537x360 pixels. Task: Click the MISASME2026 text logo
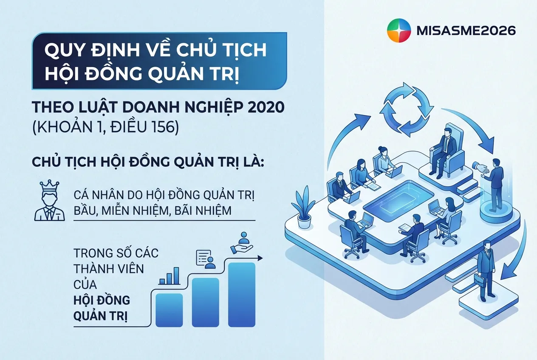pyautogui.click(x=467, y=31)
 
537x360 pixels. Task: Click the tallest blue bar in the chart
pyautogui.click(x=242, y=294)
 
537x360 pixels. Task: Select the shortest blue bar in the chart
pyautogui.click(x=169, y=309)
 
